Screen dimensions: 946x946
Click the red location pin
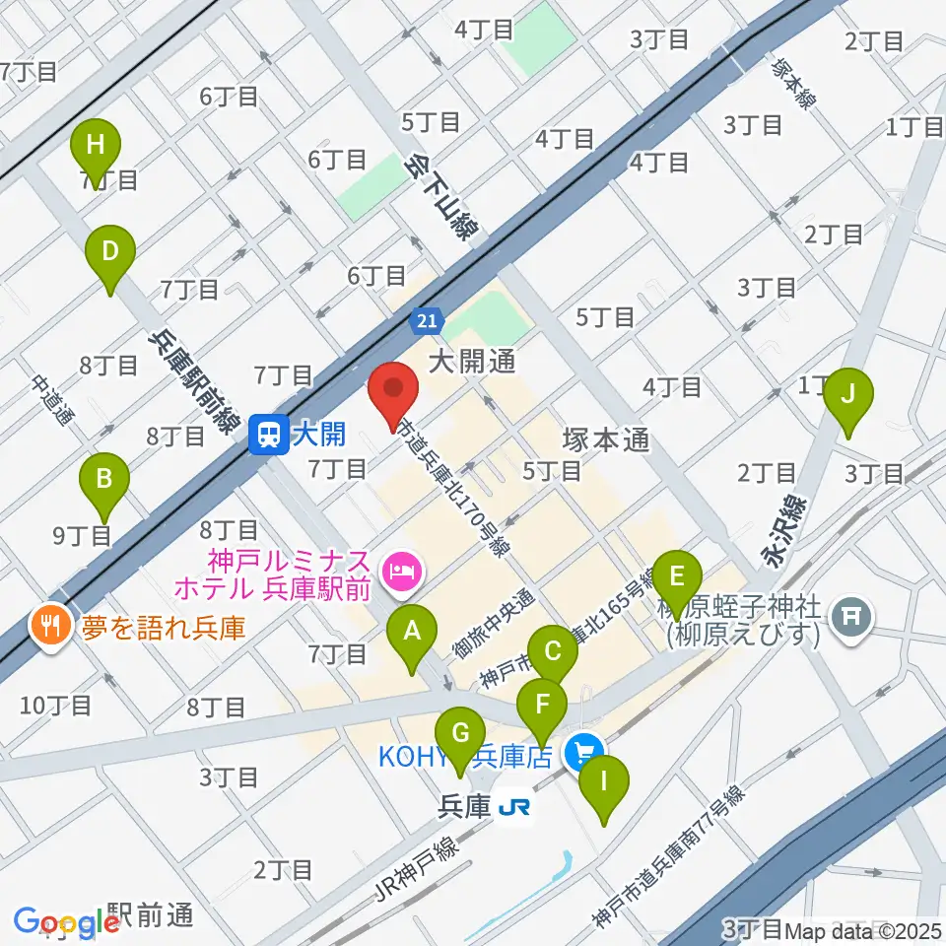click(394, 393)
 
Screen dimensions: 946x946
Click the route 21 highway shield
click(427, 320)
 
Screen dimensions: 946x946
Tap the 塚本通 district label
click(605, 439)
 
